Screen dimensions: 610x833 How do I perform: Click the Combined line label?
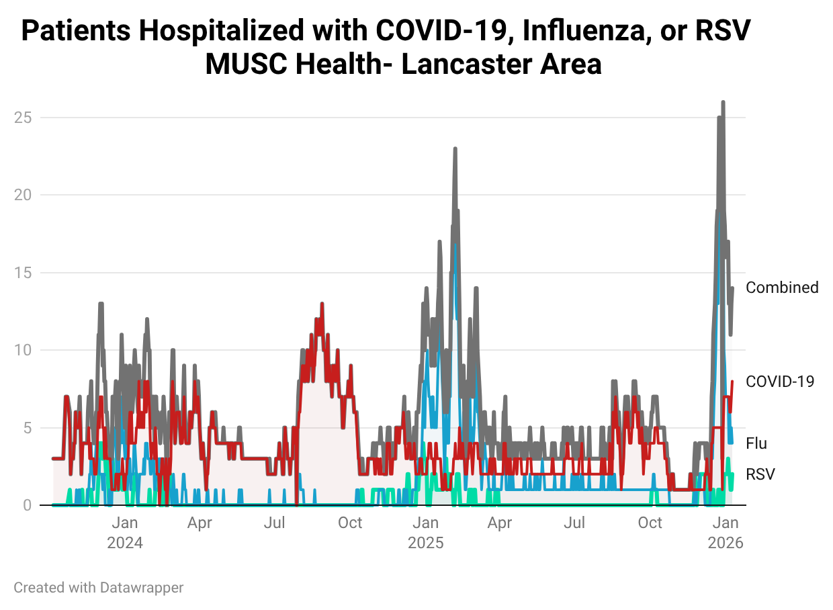[782, 288]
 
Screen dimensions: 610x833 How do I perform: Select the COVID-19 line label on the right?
[780, 382]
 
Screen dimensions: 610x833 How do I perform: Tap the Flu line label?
[756, 443]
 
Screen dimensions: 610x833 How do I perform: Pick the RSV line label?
[760, 474]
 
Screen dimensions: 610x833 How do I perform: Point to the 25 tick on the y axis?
[24, 118]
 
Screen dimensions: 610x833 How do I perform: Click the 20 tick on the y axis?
[24, 195]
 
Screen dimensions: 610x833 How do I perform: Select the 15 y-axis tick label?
[24, 273]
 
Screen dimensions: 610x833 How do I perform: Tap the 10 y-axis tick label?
[24, 350]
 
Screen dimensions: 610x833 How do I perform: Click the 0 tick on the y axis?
[28, 505]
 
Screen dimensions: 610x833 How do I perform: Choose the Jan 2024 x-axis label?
[125, 532]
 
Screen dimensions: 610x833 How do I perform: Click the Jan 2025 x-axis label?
[425, 532]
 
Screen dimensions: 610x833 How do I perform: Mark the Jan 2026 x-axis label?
[725, 532]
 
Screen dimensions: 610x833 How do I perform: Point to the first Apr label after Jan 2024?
[200, 523]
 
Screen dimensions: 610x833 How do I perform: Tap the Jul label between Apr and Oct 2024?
[274, 523]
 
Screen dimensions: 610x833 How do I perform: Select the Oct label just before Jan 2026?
[650, 523]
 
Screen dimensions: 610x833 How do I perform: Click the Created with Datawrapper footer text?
[98, 587]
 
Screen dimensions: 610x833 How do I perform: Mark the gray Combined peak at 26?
[723, 103]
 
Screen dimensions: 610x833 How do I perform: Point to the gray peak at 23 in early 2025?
[455, 149]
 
